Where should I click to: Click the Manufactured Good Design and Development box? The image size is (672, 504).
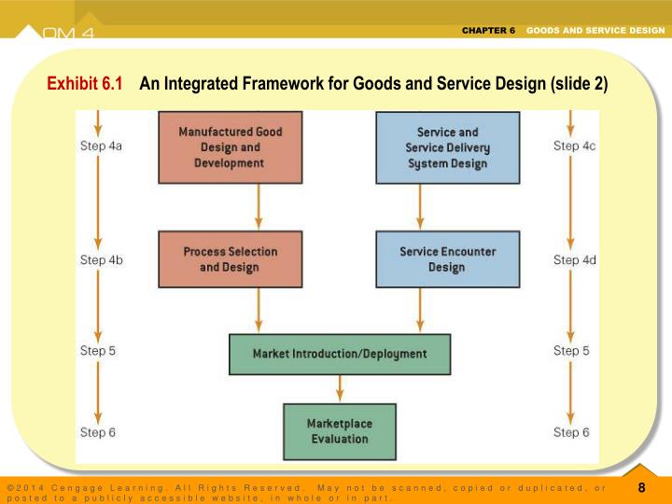tap(230, 147)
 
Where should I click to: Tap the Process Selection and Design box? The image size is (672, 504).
tap(230, 259)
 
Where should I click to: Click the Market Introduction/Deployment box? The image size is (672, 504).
tap(340, 354)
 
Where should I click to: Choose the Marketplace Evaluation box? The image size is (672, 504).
tap(340, 431)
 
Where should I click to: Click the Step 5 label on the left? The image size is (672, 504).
tap(98, 351)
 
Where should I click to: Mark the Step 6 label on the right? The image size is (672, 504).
tap(571, 432)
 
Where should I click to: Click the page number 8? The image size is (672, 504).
tap(641, 487)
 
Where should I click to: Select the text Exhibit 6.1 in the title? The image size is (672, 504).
tap(85, 84)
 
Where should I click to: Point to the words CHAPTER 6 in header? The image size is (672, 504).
tap(488, 31)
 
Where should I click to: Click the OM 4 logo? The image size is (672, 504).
tap(68, 34)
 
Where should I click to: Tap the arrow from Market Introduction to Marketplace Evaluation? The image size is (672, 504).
tap(340, 388)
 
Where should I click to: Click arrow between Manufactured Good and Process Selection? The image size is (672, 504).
tap(258, 206)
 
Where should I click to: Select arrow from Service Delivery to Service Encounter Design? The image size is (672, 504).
tap(420, 206)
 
